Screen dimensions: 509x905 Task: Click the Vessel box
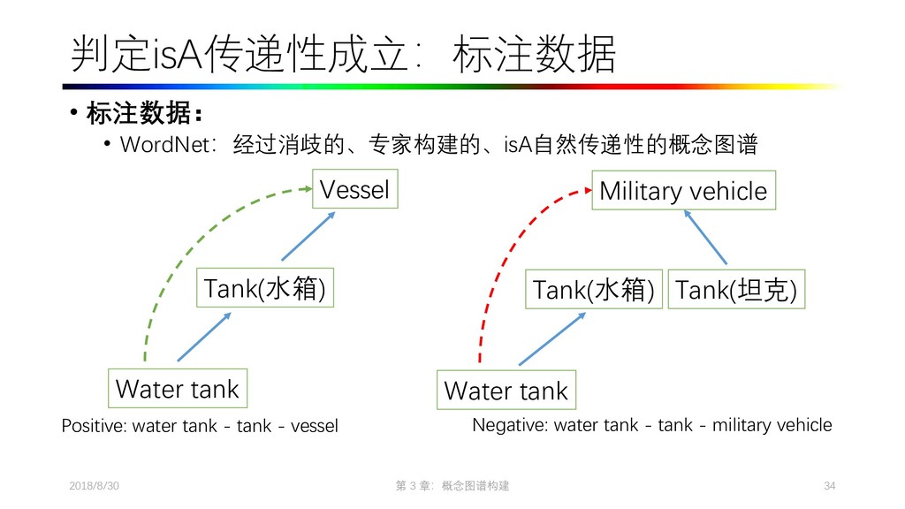click(354, 189)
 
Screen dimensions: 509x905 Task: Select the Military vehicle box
click(683, 191)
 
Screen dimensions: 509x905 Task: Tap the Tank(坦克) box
click(737, 290)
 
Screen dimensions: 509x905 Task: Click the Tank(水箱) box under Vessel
click(264, 288)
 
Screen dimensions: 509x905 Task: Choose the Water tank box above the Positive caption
click(178, 388)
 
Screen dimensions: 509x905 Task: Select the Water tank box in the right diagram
click(506, 391)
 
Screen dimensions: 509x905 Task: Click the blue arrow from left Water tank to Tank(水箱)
click(205, 338)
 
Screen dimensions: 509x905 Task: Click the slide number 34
click(828, 487)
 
